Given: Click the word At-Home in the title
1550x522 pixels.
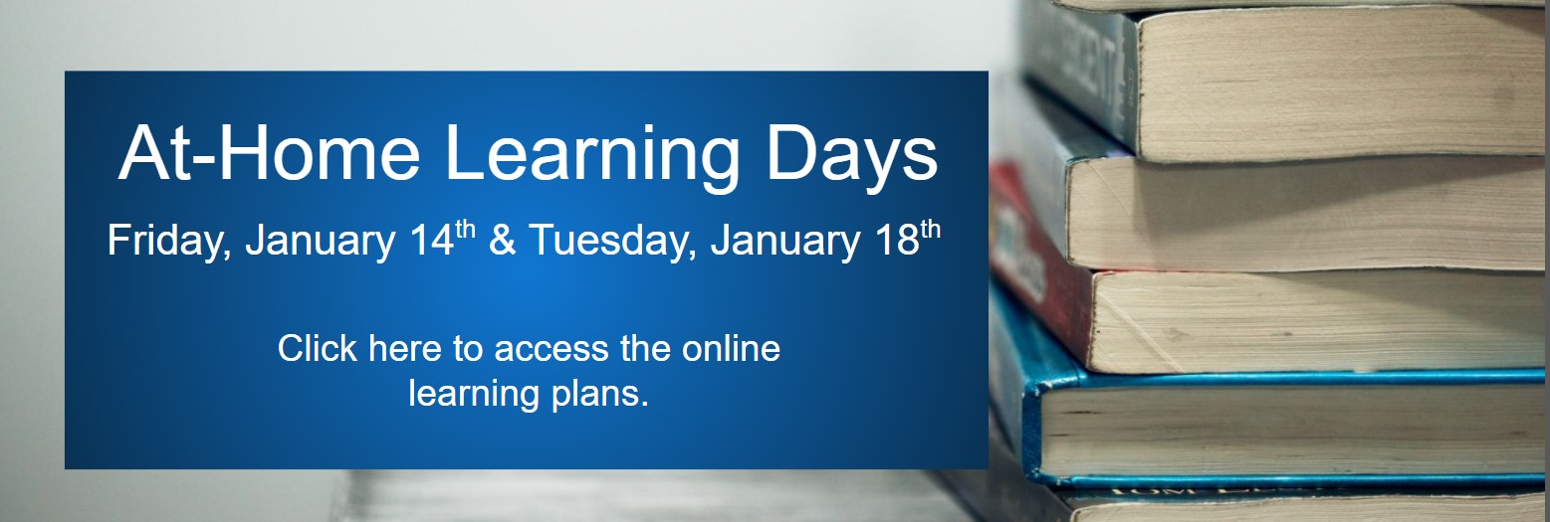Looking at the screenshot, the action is (269, 152).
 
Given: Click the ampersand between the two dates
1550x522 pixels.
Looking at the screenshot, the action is (502, 241).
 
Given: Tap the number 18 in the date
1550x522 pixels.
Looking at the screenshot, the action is (897, 241).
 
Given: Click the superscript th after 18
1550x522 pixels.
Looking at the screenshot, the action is (931, 229).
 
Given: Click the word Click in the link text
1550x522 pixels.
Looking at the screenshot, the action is (318, 348).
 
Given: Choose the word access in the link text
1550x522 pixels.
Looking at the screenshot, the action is (552, 350).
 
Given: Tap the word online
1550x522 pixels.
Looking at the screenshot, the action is (731, 348).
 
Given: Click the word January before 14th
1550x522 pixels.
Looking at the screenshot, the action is (320, 241).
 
